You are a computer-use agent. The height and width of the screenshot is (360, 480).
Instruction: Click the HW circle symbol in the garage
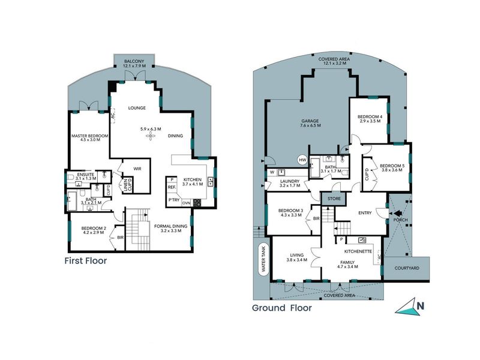[x=302, y=160]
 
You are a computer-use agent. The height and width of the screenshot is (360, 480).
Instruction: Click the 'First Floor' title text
[x=85, y=261]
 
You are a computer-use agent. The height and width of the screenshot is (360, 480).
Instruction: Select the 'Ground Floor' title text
[x=282, y=308]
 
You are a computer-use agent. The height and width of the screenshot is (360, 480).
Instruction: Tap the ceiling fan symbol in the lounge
[x=151, y=136]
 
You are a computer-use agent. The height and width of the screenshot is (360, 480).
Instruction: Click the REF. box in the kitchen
[x=172, y=188]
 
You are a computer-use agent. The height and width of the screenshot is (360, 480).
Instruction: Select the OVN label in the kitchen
[x=185, y=202]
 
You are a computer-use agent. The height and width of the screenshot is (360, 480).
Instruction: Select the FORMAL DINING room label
[x=172, y=228]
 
